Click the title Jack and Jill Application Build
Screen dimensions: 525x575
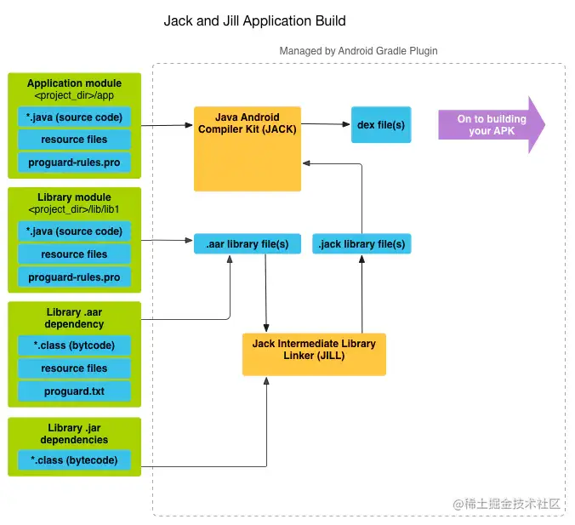[x=254, y=21]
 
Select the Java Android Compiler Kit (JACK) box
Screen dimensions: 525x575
[x=248, y=148]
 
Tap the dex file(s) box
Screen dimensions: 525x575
[x=381, y=124]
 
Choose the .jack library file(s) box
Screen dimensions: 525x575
[x=362, y=244]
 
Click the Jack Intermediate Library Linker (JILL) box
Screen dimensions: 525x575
[x=314, y=354]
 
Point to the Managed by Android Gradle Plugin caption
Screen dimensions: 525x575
[x=358, y=51]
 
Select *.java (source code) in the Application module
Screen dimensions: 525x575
[x=74, y=117]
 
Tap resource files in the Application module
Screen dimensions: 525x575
[x=74, y=140]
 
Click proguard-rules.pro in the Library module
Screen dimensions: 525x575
[x=74, y=277]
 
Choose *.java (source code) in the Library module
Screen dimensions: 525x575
[x=74, y=231]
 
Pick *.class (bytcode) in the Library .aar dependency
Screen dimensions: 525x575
[x=74, y=345]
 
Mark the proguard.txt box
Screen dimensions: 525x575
[x=74, y=391]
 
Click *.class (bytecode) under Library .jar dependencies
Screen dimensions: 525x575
[x=74, y=460]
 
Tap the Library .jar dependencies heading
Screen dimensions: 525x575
[x=74, y=433]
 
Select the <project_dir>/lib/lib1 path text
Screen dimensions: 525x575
[x=74, y=209]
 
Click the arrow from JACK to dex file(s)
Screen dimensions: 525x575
[x=326, y=124]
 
